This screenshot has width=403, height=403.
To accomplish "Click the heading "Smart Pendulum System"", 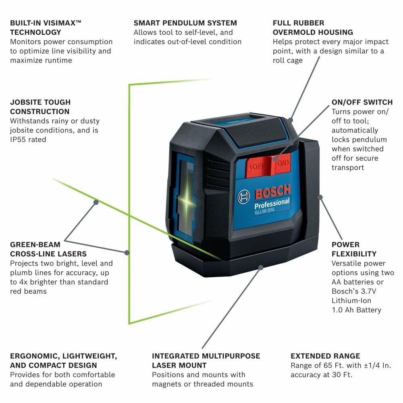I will point(185,23).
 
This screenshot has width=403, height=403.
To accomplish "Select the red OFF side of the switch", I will point(256,166).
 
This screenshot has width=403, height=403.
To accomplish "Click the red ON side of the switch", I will point(283,163).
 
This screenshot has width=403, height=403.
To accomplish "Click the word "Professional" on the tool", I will point(272,203).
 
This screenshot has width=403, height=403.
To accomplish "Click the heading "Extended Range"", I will point(325,356).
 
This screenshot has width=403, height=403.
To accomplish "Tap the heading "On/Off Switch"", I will point(362,102).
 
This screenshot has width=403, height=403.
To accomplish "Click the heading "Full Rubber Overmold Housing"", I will point(313,27).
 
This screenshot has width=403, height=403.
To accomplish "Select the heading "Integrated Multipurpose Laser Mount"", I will point(206,361).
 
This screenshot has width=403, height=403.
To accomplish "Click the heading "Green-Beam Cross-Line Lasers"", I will point(48,249).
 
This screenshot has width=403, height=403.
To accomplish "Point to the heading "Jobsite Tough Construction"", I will point(40,107).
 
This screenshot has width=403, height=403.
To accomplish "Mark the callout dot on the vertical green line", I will point(127,253).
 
